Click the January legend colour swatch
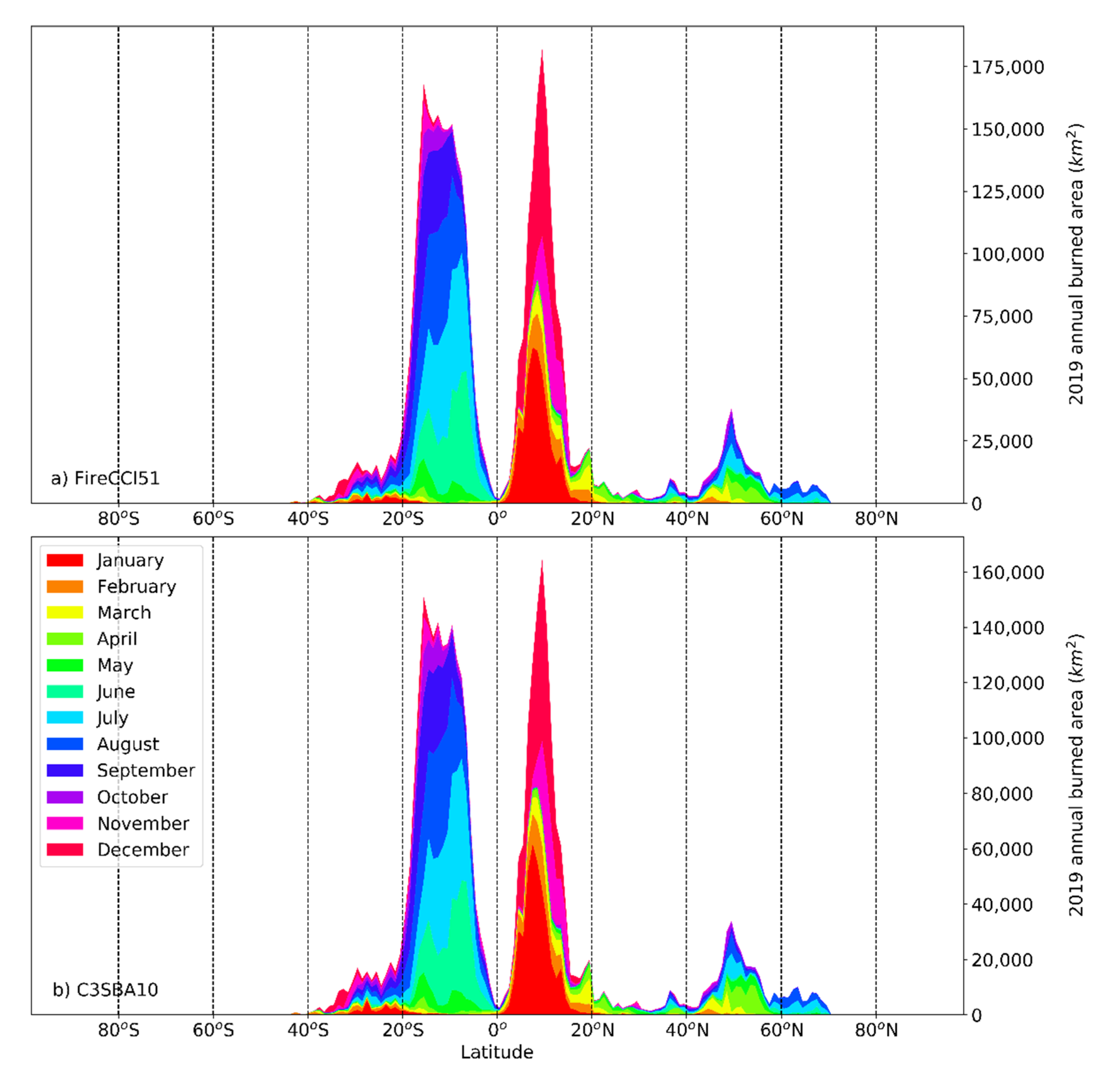(x=64, y=560)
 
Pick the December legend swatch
(x=64, y=849)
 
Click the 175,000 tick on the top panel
(x=1007, y=67)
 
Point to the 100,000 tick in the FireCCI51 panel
(x=1007, y=254)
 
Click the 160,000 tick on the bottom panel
(x=1007, y=573)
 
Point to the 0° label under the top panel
(x=497, y=519)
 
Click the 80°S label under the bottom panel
(x=118, y=1031)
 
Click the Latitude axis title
(x=497, y=1052)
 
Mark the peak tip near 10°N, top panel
(x=542, y=50)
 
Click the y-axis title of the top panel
(x=1075, y=264)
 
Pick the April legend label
(x=117, y=639)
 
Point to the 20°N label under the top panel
(x=592, y=519)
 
